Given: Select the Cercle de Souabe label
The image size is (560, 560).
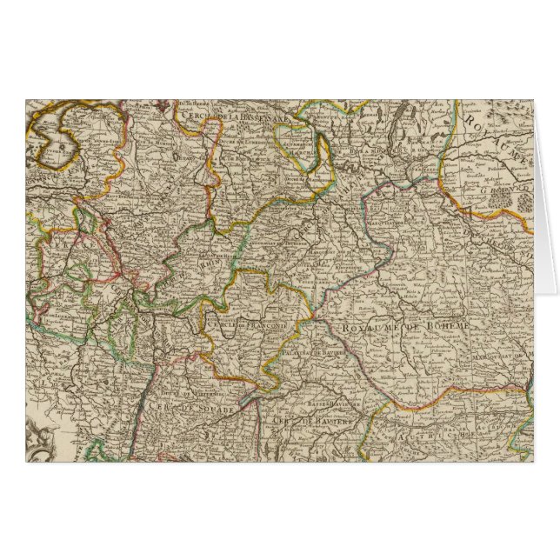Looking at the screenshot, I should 169,407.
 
